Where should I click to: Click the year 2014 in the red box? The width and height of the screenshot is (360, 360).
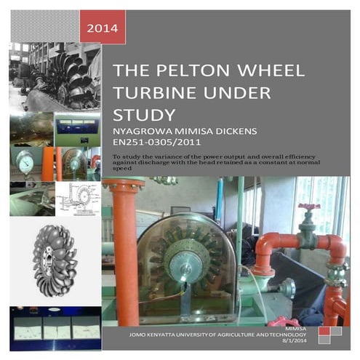[102, 29]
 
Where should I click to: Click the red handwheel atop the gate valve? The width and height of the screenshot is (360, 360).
[308, 207]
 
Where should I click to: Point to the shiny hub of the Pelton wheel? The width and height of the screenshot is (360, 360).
[177, 258]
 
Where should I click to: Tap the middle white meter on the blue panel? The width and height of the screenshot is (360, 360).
[54, 330]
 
